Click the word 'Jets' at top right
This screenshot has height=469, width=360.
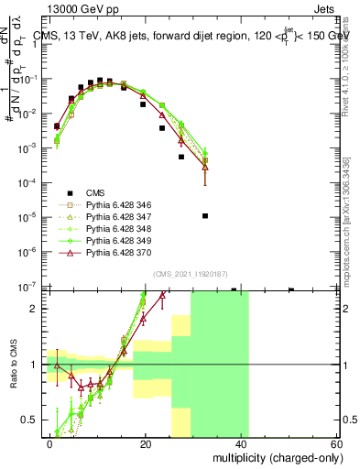point(325,8)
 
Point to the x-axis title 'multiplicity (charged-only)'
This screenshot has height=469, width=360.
point(273,456)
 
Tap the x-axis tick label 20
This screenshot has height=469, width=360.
point(146,442)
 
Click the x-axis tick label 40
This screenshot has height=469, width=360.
point(241,442)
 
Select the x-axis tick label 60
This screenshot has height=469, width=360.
point(335,442)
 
